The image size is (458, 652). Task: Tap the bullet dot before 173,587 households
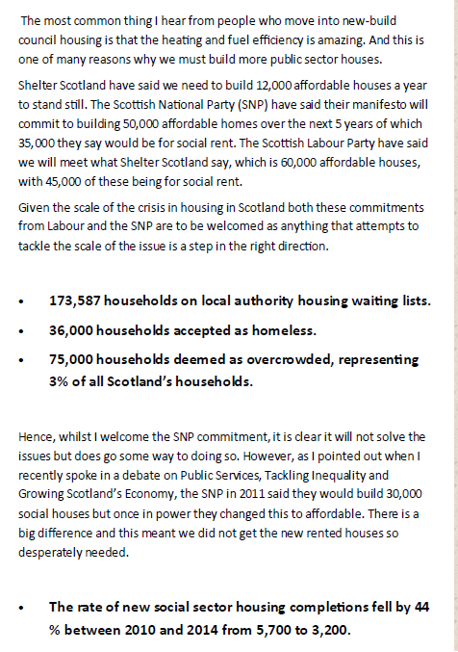(22, 301)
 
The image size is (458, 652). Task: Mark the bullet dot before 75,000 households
(22, 359)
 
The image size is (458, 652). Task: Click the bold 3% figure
(60, 380)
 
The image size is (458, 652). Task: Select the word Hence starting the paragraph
(37, 436)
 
